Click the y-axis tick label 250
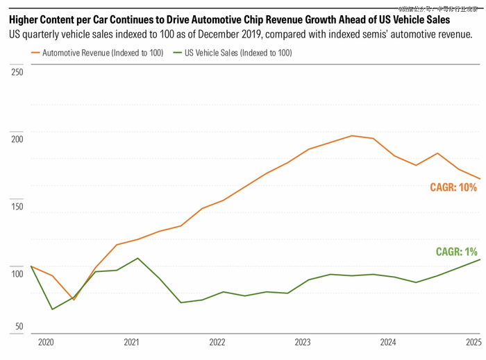click(17, 71)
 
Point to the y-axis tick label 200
click(17, 139)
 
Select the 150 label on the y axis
click(17, 207)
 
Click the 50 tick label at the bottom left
click(19, 326)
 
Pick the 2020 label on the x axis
click(46, 342)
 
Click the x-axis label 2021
click(131, 342)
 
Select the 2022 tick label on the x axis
click(217, 342)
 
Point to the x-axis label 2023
click(303, 342)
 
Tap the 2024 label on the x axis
click(388, 342)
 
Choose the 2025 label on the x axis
click(473, 342)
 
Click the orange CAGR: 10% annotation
click(453, 187)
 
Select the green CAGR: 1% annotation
click(456, 252)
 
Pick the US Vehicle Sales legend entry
click(238, 53)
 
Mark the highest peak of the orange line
click(352, 135)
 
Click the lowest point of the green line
click(52, 309)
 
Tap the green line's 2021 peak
click(138, 258)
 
